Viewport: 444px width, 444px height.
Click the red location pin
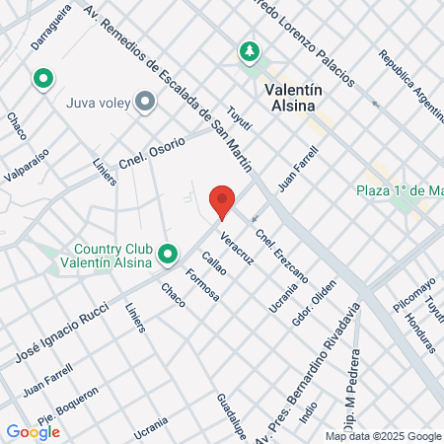[224, 201]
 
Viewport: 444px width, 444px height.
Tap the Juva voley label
[98, 101]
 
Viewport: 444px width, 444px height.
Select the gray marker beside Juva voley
[146, 101]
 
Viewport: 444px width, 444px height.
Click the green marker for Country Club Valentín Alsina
[168, 255]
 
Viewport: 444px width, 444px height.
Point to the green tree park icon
[251, 50]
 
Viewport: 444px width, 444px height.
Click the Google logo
[33, 431]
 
